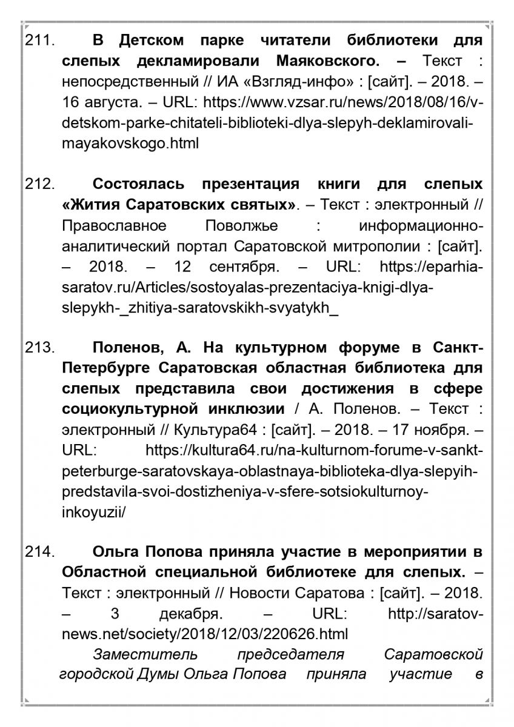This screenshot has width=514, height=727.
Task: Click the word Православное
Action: [x=114, y=225]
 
